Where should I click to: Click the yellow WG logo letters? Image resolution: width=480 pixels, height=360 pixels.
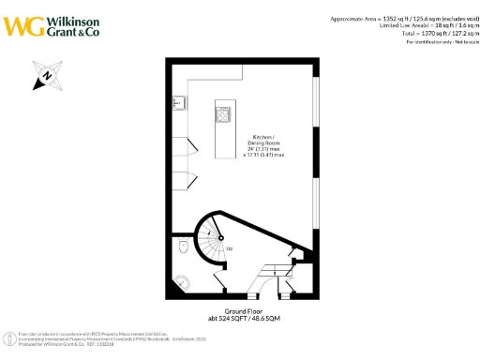(x=21, y=24)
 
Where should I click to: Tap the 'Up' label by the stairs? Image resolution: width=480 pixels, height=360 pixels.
(x=230, y=247)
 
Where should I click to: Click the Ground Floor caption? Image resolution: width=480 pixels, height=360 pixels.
(x=243, y=310)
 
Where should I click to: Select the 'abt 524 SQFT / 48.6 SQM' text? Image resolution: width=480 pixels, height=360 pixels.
(x=243, y=318)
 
